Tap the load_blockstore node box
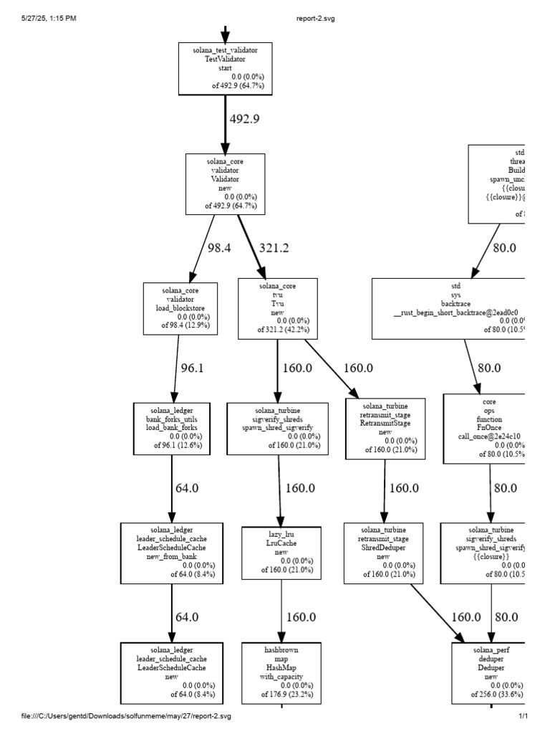[176, 308]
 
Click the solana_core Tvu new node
[278, 310]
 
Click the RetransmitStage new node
[385, 429]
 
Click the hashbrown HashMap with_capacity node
[282, 675]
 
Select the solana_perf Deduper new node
[489, 675]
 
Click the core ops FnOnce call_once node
[486, 427]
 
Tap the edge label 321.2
[274, 247]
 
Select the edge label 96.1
[192, 368]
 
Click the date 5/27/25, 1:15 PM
[49, 19]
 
